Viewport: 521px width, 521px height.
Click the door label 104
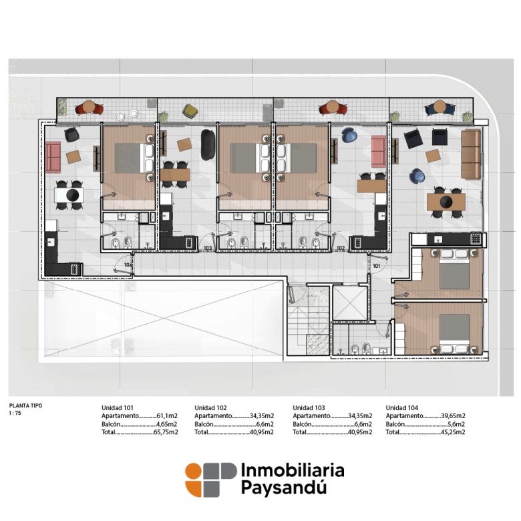pos(129,265)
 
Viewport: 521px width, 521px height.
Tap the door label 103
pos(208,248)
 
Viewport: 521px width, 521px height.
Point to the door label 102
pos(341,248)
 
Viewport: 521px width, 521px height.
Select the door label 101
pos(377,266)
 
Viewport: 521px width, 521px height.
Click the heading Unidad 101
pos(118,407)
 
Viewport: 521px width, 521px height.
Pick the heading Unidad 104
pos(401,407)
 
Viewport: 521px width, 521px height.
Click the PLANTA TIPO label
pos(25,405)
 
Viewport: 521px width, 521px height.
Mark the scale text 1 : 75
pos(15,413)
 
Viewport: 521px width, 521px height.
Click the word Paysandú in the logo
pos(283,488)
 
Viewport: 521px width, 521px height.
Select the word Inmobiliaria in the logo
pos(293,470)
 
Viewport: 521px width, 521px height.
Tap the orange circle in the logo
pos(194,471)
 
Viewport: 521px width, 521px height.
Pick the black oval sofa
pos(208,145)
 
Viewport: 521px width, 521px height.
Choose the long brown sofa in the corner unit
pos(471,154)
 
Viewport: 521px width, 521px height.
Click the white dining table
pos(69,195)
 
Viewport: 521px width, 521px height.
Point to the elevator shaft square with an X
pos(350,303)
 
